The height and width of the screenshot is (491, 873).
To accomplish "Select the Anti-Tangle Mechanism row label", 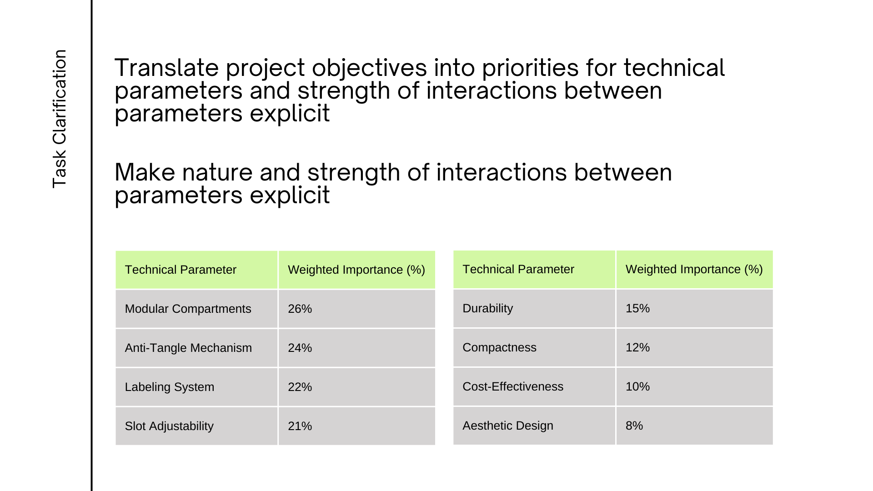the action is click(x=188, y=348).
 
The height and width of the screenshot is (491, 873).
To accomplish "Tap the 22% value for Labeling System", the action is click(x=300, y=387).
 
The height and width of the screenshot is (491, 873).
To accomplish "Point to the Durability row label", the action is click(x=487, y=308).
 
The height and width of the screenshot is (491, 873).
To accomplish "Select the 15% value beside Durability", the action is click(x=637, y=308).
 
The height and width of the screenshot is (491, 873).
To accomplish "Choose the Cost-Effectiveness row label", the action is click(x=513, y=386).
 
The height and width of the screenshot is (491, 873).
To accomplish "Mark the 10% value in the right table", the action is click(x=637, y=386).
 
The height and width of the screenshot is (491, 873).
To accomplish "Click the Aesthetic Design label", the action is click(x=508, y=426).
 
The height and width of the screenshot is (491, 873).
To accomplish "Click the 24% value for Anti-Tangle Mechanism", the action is click(x=300, y=348).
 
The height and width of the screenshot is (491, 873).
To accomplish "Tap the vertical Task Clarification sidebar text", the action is click(x=60, y=119).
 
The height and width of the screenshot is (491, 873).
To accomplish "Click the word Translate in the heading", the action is click(x=166, y=68).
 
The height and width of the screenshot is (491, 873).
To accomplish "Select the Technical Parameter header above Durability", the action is click(x=518, y=269).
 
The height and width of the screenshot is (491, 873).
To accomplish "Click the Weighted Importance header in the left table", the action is click(x=356, y=270).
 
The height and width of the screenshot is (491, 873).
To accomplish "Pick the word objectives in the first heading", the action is click(x=369, y=69).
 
